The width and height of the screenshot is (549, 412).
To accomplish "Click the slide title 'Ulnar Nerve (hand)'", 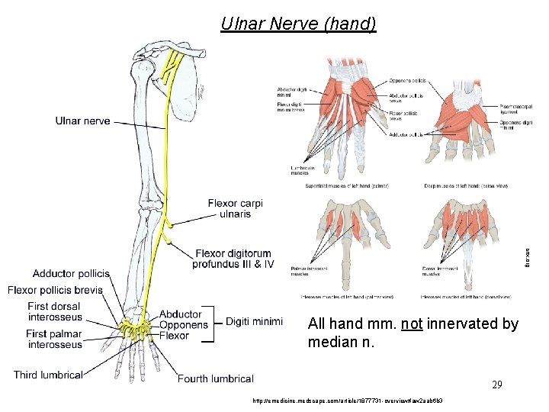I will [x=298, y=24].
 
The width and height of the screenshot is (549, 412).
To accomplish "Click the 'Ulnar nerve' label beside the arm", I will [x=82, y=121].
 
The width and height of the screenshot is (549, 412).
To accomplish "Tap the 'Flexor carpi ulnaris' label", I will [x=235, y=208].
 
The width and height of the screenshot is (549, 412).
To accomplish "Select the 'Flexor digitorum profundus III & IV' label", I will [x=233, y=259].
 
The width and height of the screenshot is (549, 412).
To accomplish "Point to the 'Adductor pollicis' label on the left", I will [x=71, y=273].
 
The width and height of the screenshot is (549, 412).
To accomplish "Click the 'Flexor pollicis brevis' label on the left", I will [x=55, y=290].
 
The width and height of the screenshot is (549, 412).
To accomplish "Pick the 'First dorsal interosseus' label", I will [x=55, y=311].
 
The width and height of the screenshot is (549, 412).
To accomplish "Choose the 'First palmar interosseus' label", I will [x=55, y=339].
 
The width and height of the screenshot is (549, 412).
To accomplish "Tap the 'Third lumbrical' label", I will [x=48, y=375].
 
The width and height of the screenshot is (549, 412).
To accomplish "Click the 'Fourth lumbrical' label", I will [x=216, y=378].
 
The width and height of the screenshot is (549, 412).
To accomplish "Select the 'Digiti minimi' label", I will [x=254, y=321].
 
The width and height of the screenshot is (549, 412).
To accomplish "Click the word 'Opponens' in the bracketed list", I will [x=184, y=325].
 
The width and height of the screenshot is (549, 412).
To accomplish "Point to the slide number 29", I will [x=496, y=385].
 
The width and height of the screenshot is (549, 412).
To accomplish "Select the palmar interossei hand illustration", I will [x=347, y=237].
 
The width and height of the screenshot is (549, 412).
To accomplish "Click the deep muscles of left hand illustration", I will [x=465, y=118].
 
